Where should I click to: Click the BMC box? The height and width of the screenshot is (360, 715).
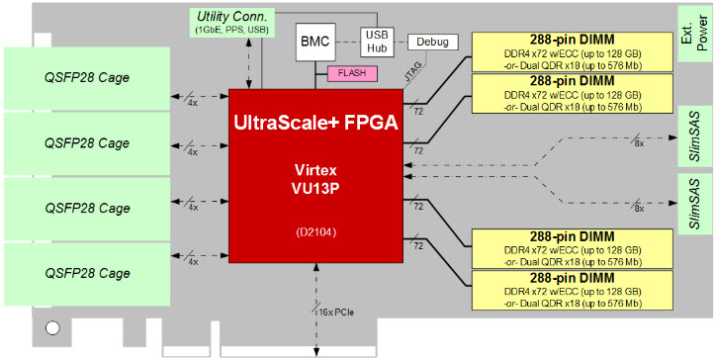click(x=314, y=44)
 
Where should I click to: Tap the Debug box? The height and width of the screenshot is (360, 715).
click(x=426, y=43)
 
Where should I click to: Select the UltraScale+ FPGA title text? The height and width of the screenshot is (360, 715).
click(x=313, y=123)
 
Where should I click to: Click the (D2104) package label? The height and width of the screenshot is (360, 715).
click(x=313, y=231)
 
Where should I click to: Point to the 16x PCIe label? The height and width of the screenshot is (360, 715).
click(x=332, y=313)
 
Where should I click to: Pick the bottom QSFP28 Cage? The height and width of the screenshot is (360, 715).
click(x=87, y=274)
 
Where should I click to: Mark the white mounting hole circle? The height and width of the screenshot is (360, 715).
click(x=53, y=326)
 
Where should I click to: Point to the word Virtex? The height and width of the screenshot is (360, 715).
click(x=313, y=169)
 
